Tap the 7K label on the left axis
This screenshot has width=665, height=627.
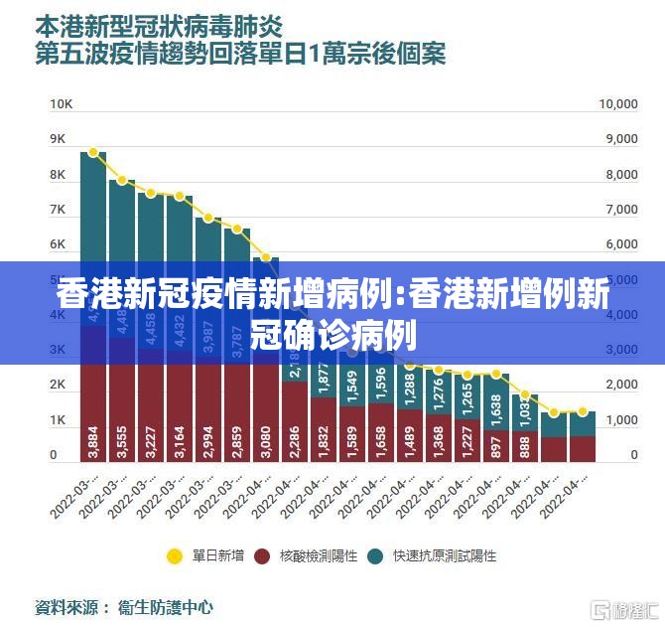[58, 210]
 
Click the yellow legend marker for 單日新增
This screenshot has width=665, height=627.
[175, 555]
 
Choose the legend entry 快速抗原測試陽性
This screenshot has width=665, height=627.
[432, 555]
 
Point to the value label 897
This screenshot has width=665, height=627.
[496, 443]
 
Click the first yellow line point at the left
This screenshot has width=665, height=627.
[93, 152]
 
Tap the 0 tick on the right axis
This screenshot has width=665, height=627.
[632, 455]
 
